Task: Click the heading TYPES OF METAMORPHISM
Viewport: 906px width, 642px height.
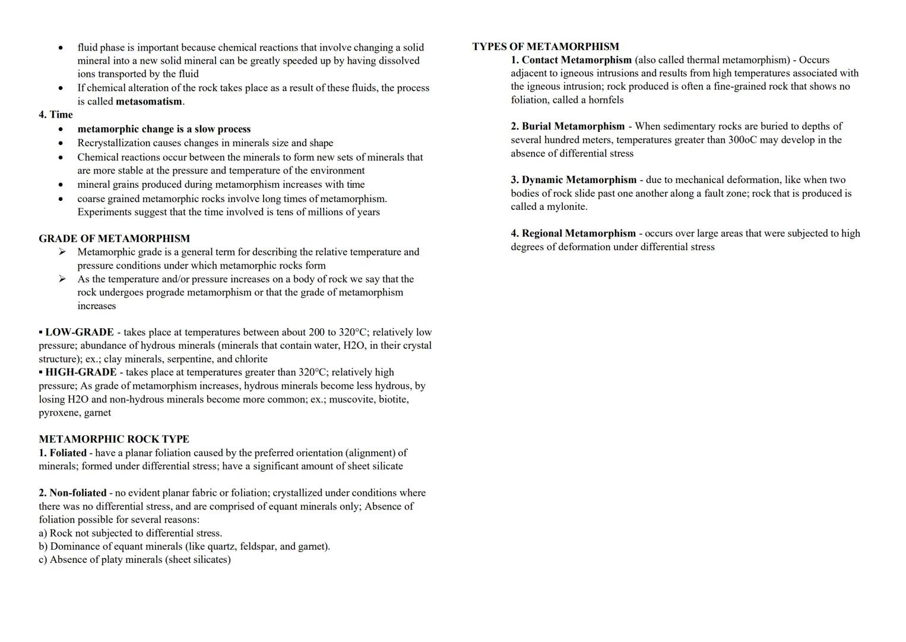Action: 545,46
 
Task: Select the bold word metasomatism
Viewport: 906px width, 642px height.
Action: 148,101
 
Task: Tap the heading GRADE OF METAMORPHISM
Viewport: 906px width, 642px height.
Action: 114,238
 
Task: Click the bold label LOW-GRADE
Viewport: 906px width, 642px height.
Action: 79,332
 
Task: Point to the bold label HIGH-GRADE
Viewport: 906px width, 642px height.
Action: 80,372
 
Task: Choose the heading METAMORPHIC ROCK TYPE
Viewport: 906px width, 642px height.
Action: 113,439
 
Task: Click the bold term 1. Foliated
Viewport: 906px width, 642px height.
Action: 62,453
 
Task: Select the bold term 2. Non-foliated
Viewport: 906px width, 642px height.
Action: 72,493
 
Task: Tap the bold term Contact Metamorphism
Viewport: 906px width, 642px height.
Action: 576,60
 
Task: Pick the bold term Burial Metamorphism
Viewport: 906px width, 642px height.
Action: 573,126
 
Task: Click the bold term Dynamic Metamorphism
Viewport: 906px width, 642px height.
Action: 579,180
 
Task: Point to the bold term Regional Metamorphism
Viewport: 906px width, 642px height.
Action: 578,233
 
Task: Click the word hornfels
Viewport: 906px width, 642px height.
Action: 606,100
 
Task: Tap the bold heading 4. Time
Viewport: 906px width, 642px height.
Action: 56,115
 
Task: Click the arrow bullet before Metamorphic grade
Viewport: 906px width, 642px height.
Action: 62,252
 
